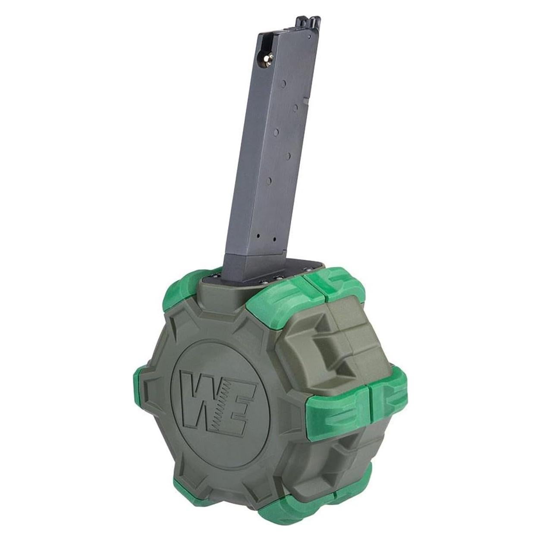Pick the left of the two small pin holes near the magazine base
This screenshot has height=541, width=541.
(x=258, y=236)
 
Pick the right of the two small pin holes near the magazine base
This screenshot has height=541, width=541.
(x=274, y=239)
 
